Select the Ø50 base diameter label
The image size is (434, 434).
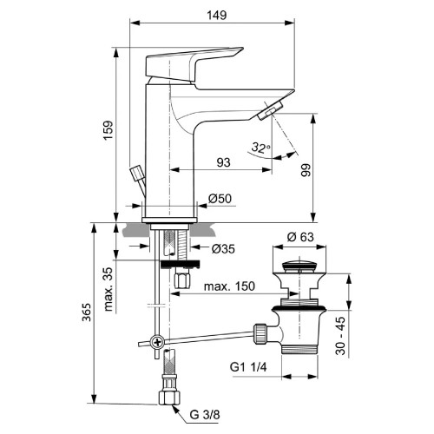coord(218,199)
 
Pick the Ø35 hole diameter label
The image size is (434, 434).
coord(225,249)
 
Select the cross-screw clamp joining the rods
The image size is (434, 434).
coord(156,343)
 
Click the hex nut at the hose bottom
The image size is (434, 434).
coord(169,398)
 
